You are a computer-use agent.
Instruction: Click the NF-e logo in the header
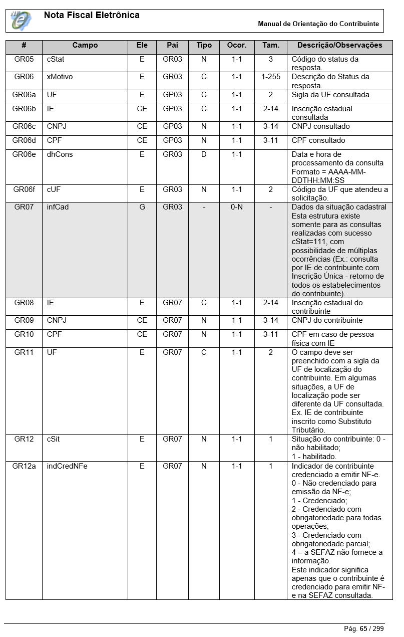click(21, 21)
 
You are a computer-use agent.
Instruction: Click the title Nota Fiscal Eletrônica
click(92, 15)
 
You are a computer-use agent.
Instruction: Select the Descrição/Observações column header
click(339, 45)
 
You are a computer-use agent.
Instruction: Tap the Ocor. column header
click(237, 45)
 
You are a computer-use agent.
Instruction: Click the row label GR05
click(24, 59)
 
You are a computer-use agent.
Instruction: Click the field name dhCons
click(60, 154)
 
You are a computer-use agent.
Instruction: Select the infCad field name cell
click(58, 207)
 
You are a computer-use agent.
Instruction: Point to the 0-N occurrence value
click(237, 207)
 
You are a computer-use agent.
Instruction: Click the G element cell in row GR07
click(142, 207)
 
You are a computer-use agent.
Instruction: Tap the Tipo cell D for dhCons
click(204, 154)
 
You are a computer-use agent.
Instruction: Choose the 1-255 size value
click(271, 77)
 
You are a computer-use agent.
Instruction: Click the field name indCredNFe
click(67, 466)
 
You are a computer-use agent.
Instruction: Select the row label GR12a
click(24, 466)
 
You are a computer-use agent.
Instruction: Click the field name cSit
click(54, 439)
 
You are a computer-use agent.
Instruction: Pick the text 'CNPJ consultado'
click(321, 126)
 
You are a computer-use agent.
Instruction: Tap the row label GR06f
click(24, 189)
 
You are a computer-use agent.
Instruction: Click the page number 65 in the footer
click(363, 628)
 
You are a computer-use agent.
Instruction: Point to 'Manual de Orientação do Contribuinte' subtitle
click(318, 24)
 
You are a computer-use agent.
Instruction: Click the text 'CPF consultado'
click(318, 140)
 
